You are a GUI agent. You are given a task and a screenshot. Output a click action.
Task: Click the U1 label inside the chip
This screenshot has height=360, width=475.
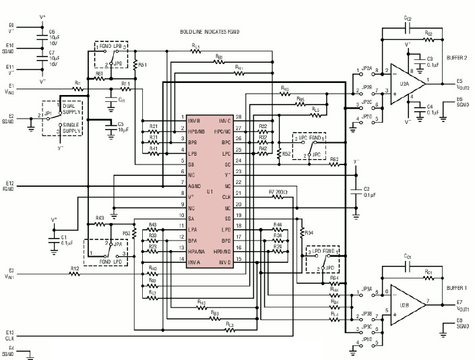coord(210,191)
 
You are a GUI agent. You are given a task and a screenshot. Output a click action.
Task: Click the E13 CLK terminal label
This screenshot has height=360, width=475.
coord(11,334)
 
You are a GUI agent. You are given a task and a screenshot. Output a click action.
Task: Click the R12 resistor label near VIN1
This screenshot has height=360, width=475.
coord(74,268)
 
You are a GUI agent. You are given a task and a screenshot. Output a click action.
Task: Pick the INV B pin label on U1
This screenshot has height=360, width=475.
coord(195,119)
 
